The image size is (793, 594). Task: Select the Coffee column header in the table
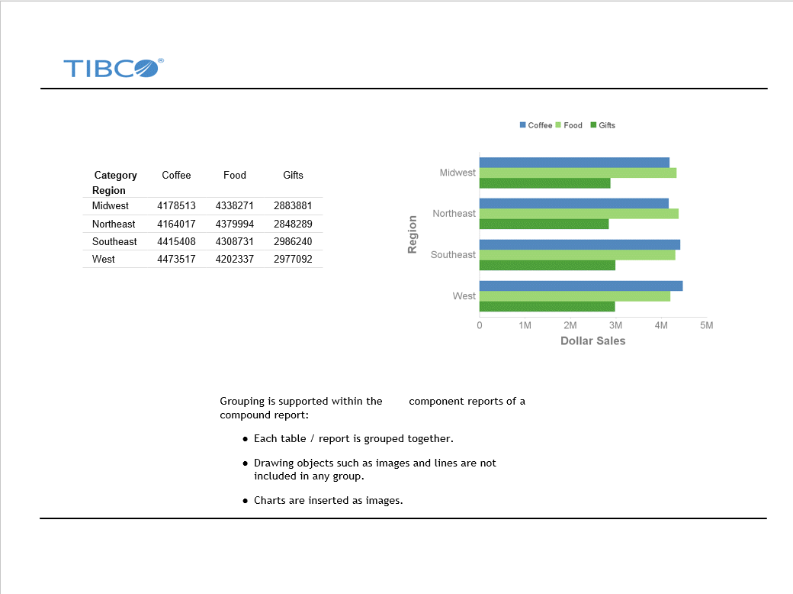[176, 175]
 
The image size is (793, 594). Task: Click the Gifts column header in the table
[293, 175]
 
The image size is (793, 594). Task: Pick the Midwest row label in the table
[111, 205]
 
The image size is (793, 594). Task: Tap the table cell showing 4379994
[235, 224]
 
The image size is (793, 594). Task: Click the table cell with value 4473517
[176, 259]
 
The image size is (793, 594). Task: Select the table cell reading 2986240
[293, 241]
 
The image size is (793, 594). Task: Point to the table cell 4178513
[176, 205]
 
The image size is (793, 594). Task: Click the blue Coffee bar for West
[580, 286]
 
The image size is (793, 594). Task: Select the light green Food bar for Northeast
[578, 214]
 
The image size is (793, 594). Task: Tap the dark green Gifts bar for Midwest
[544, 183]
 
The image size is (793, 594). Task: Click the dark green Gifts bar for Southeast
[547, 265]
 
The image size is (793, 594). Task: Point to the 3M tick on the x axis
[615, 325]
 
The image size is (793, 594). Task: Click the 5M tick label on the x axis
[707, 325]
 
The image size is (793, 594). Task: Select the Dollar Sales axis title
[592, 341]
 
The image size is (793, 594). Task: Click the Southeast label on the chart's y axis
[453, 255]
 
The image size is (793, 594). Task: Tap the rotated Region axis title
[413, 234]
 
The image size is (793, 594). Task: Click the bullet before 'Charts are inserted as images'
[246, 501]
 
